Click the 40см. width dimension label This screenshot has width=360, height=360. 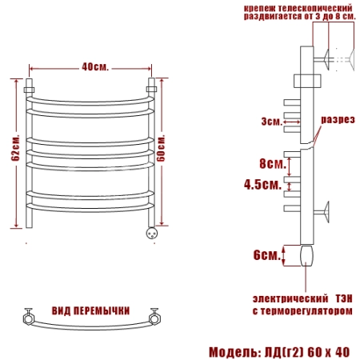(x=95, y=67)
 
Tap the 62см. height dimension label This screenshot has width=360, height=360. (x=15, y=148)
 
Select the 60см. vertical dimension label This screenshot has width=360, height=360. (x=161, y=149)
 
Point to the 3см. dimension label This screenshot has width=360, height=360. (x=271, y=122)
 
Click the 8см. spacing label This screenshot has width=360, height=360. (x=273, y=163)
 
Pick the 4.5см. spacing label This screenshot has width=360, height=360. (x=263, y=184)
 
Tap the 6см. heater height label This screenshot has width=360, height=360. (x=267, y=255)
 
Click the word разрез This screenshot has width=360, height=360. (x=338, y=119)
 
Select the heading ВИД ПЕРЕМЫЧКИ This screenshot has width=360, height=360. (x=90, y=311)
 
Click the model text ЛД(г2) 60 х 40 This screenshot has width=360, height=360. (x=306, y=352)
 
